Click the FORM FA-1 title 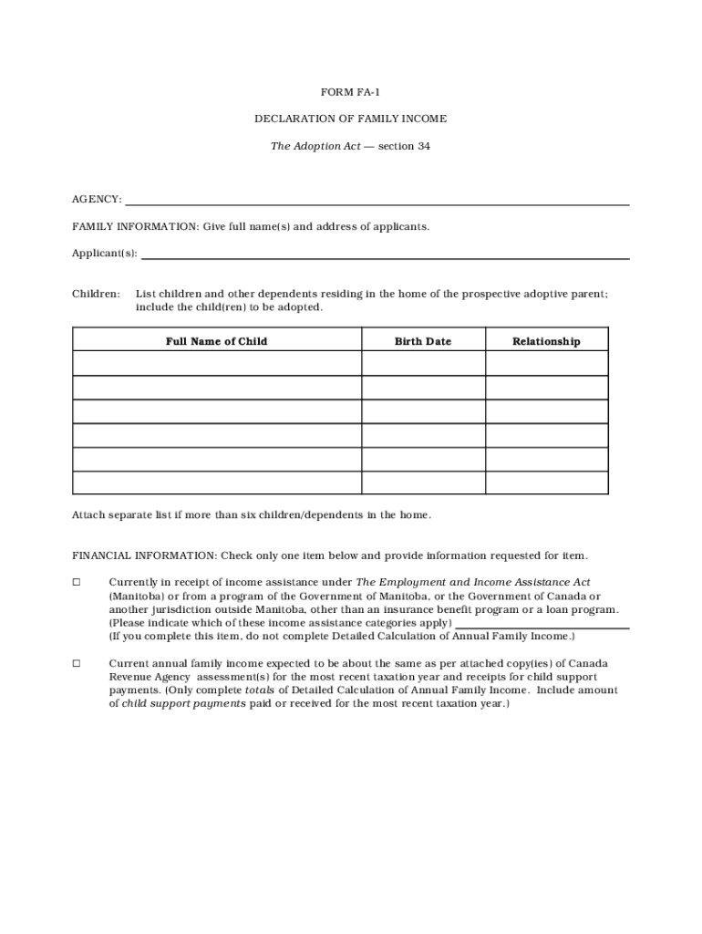pos(350,93)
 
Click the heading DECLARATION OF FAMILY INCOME pos(350,119)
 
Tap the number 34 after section pos(423,146)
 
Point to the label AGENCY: pos(97,200)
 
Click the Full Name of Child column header pos(216,341)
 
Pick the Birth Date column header pos(423,341)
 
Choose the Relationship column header pos(546,341)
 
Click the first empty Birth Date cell pos(423,364)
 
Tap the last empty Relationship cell pos(546,483)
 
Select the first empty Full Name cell pos(216,364)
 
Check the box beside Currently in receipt pos(77,582)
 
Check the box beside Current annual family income pos(77,663)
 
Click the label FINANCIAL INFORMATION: pos(143,555)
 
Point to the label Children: pos(96,294)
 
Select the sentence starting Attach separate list pos(252,514)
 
